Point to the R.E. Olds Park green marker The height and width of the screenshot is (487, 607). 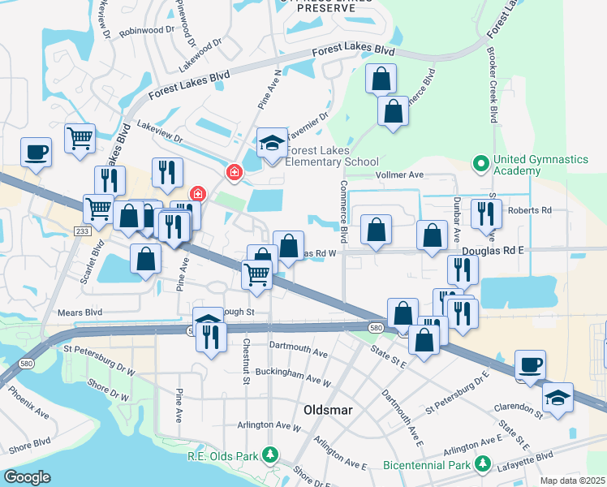click(267, 458)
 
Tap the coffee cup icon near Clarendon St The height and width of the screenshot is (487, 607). click(531, 364)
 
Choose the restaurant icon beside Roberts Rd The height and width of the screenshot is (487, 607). click(486, 213)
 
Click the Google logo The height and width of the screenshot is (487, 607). click(27, 476)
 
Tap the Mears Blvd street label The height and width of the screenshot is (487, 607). click(80, 311)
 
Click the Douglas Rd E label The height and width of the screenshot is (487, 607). click(493, 251)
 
